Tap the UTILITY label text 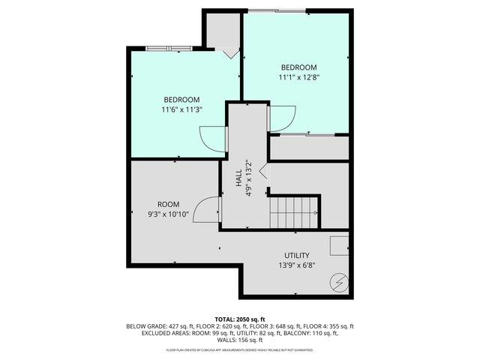coord(297,255)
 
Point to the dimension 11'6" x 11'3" coord(181,109)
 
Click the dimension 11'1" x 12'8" coord(298,76)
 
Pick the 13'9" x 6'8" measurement coord(297,265)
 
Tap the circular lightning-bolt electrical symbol coord(339,282)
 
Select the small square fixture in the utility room coord(339,245)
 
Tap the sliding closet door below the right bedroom coord(308,135)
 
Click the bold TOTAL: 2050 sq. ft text coord(240,318)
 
